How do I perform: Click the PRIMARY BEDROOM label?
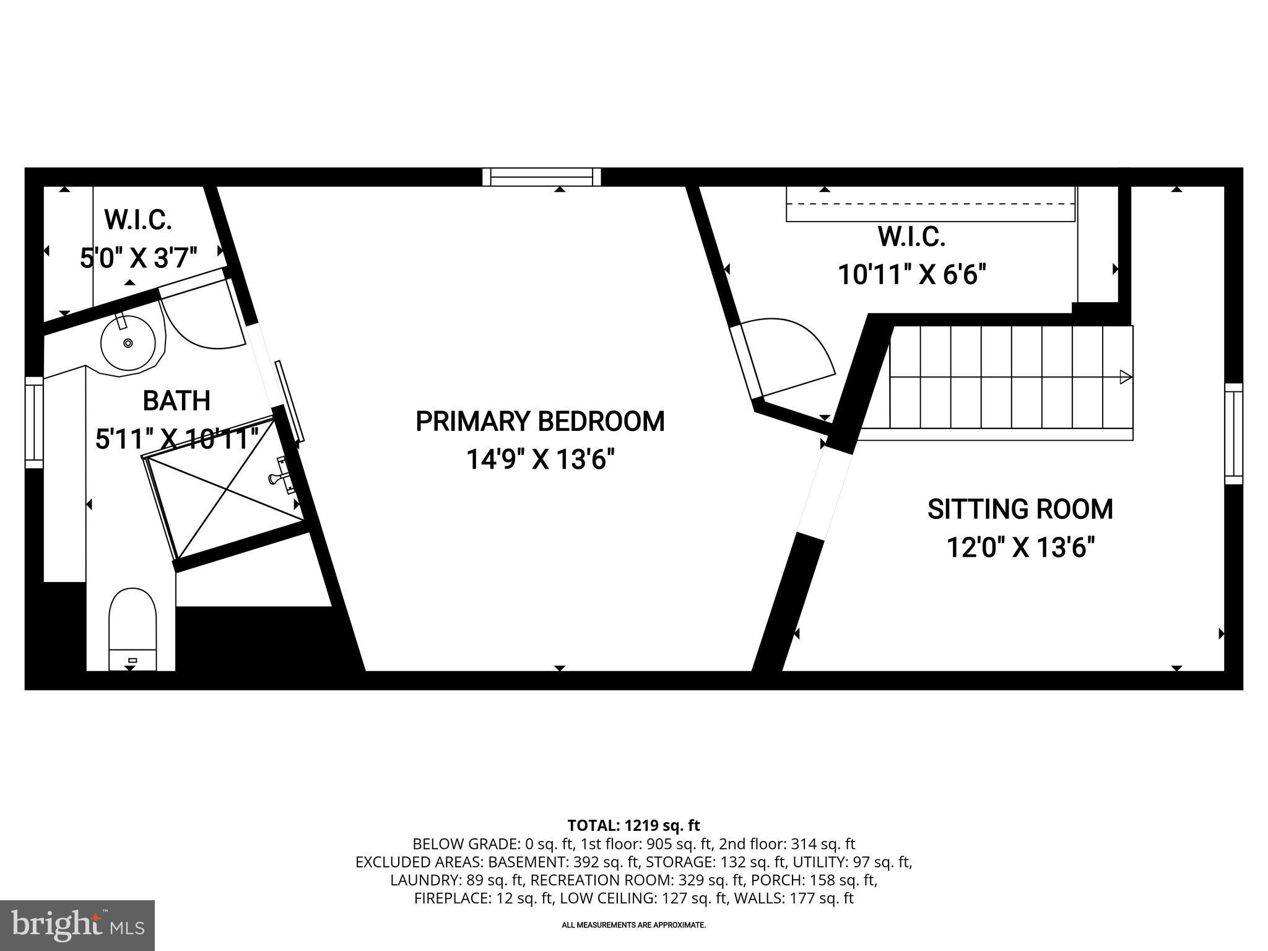540,422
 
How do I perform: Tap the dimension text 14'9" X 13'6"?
540,460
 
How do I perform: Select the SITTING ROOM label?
1020,510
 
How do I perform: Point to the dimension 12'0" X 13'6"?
1020,548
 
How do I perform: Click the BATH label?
176,401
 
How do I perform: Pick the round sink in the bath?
128,342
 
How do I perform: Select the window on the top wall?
542,177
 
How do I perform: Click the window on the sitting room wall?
1233,433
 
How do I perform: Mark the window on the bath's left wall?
34,422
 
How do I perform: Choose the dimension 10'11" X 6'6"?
911,274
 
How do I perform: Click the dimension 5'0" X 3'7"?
138,258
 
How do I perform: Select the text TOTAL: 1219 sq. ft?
633,825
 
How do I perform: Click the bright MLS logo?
77,925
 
